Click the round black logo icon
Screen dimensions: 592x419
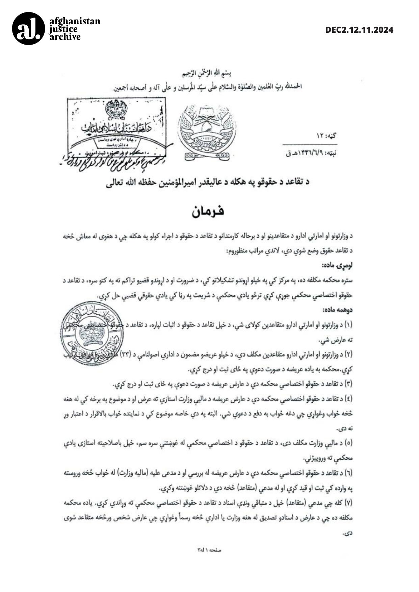(28, 28)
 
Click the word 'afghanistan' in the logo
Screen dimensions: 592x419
(75, 21)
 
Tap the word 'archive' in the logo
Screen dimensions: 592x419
(65, 37)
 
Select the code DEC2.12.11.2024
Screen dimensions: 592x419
(359, 30)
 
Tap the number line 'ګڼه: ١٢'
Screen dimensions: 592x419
(326, 136)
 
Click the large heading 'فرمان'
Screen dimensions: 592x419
(208, 212)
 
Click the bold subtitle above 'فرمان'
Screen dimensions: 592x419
(208, 182)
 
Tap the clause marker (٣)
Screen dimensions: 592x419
(348, 384)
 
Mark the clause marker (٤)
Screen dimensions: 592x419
(348, 399)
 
